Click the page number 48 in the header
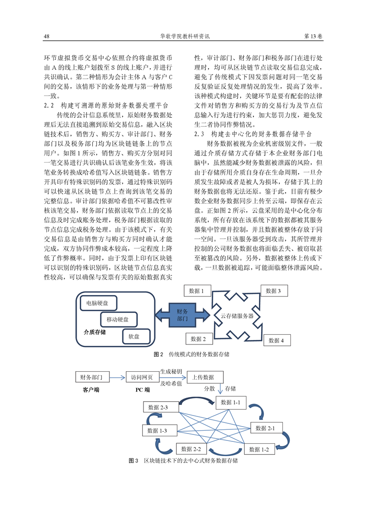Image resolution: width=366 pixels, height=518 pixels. pyautogui.click(x=46, y=36)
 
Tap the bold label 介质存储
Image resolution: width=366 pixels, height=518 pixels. pyautogui.click(x=95, y=332)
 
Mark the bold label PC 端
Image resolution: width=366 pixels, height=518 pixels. pyautogui.click(x=142, y=390)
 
